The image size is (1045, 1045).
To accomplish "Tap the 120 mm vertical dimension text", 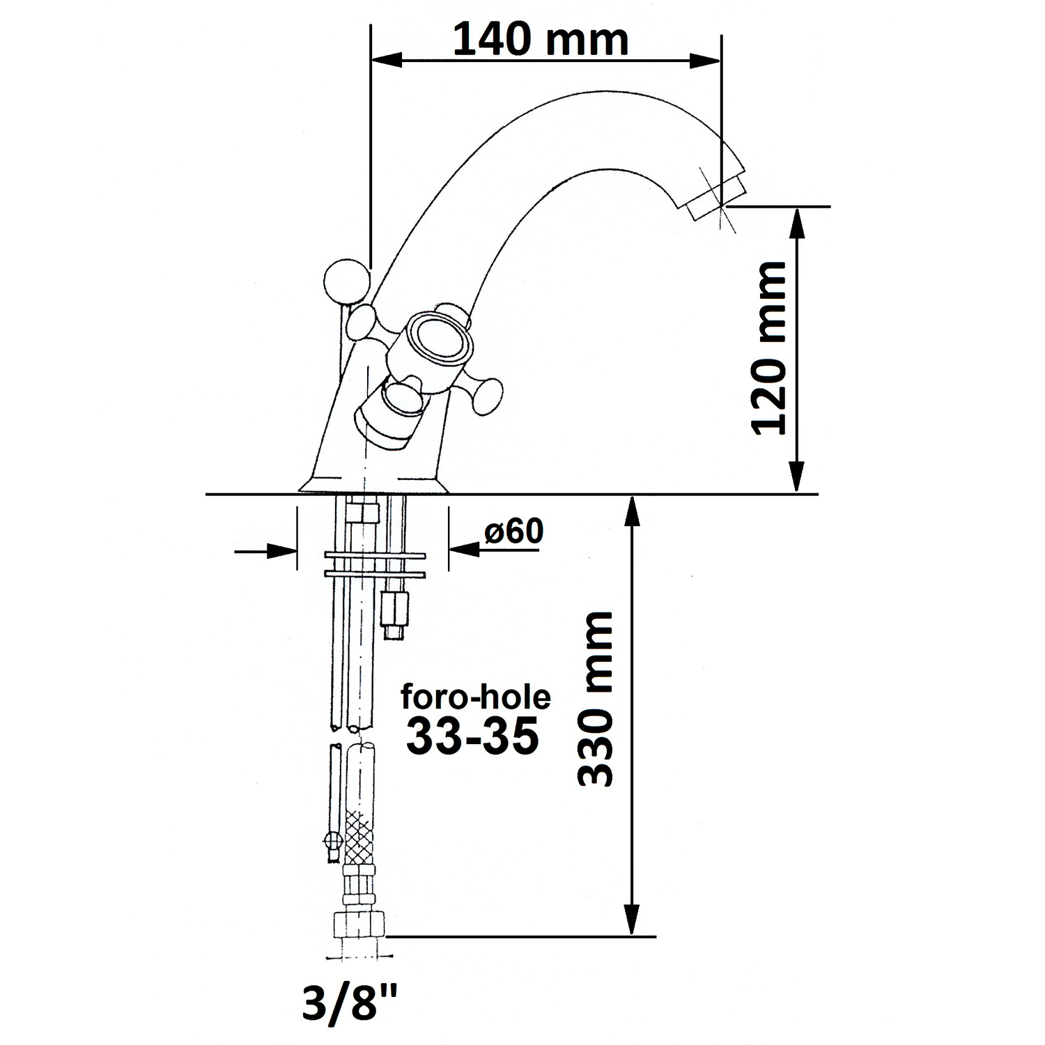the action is pyautogui.click(x=769, y=348).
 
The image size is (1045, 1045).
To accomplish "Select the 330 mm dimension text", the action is pyautogui.click(x=596, y=699).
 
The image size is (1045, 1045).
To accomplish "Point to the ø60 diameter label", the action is pyautogui.click(x=513, y=532).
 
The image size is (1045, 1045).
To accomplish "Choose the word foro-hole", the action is pyautogui.click(x=476, y=697).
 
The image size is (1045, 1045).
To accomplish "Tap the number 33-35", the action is pyautogui.click(x=473, y=736).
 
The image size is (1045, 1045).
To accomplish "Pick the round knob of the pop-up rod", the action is pyautogui.click(x=346, y=281).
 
